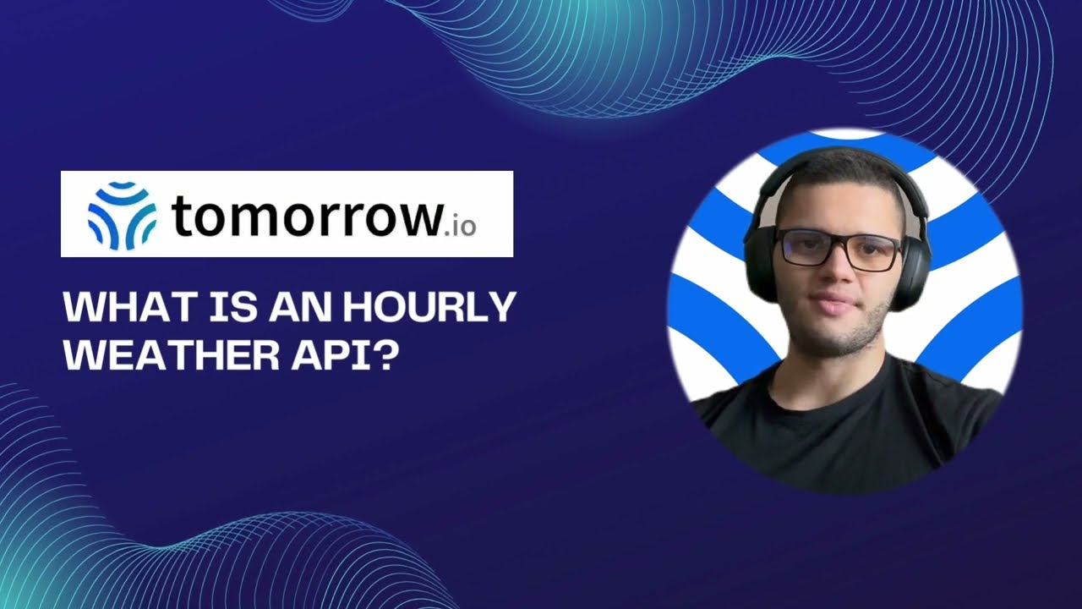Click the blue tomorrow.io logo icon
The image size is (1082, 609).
[122, 215]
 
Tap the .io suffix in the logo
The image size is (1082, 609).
[459, 226]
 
